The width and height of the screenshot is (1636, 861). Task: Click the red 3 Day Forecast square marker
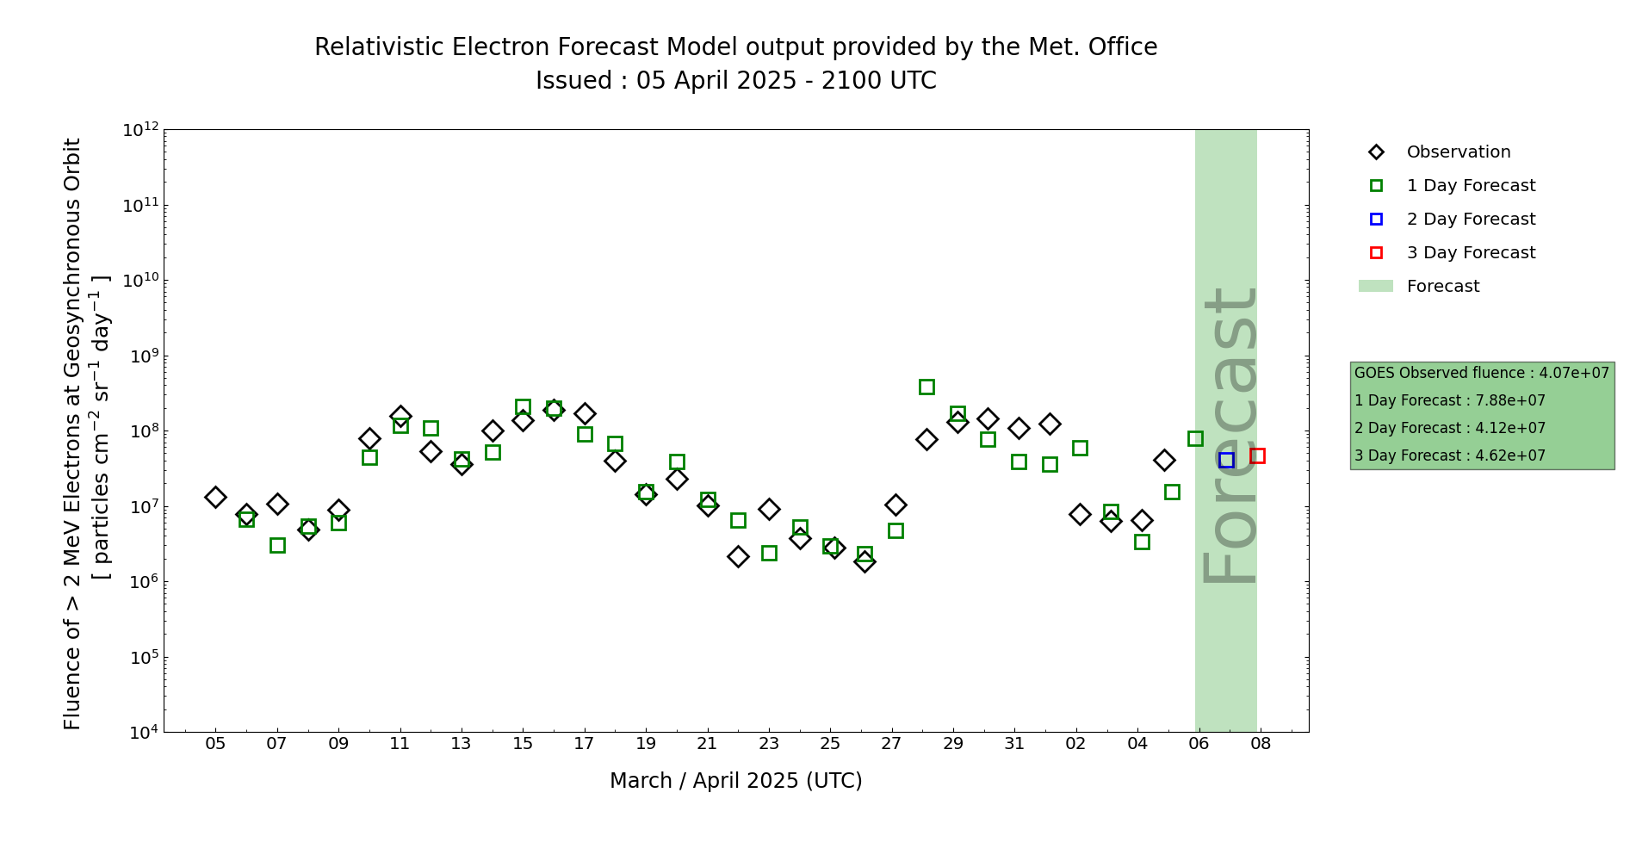pos(1257,455)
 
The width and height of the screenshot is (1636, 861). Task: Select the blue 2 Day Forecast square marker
pos(1226,461)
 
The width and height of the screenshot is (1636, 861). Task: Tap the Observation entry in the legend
pos(1458,152)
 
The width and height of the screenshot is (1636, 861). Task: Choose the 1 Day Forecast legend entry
pos(1471,186)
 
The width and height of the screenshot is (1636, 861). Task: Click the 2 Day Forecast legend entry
pos(1471,220)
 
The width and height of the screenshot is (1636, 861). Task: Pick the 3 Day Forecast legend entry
pos(1471,253)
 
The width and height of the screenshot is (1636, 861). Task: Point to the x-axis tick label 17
pos(585,743)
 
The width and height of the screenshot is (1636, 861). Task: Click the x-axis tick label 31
pos(1014,743)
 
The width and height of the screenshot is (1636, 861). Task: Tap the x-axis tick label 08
pos(1261,743)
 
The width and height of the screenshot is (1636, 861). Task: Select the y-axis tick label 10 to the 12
pos(140,130)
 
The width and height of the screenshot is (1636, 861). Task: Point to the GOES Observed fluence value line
pos(1481,374)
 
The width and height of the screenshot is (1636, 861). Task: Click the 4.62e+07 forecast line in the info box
pos(1450,456)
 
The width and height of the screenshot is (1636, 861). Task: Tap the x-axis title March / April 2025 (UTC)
pos(735,781)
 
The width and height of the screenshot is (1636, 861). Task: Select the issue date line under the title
pos(735,81)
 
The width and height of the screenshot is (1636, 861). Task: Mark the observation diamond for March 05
pos(215,497)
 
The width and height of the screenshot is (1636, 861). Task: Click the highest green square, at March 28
pos(926,387)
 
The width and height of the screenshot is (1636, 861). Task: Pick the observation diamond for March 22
pos(738,556)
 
